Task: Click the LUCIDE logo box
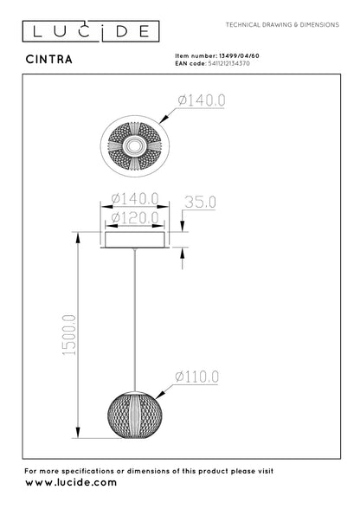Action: (91, 31)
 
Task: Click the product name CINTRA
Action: (49, 60)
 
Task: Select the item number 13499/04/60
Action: (239, 55)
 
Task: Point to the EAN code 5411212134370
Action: (228, 63)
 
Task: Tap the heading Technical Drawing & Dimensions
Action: (282, 24)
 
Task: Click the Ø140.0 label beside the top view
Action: (202, 100)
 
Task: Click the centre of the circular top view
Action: (135, 145)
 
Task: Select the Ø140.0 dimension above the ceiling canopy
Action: (135, 198)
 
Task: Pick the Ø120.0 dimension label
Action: (135, 217)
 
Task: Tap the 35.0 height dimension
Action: (200, 203)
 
